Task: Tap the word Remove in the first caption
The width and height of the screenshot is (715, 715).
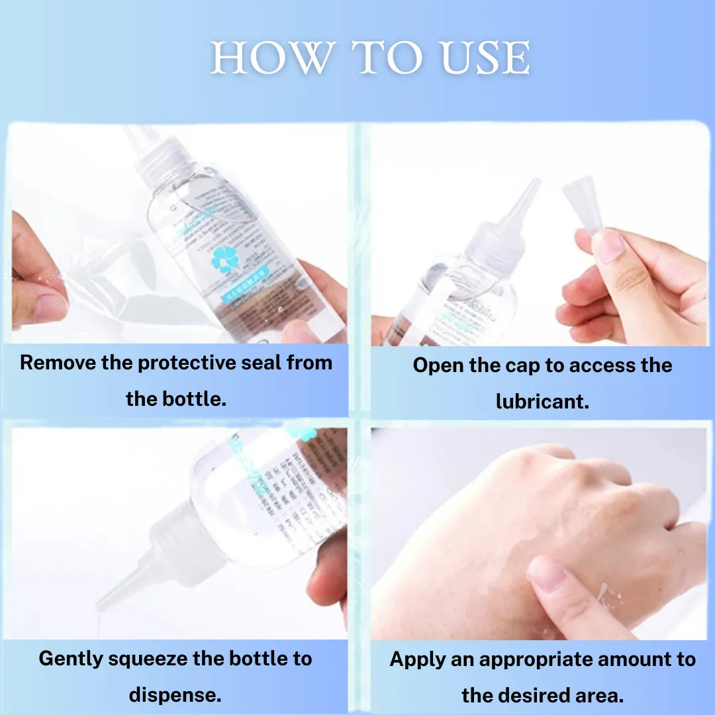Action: click(x=56, y=363)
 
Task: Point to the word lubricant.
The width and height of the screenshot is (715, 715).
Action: click(x=542, y=401)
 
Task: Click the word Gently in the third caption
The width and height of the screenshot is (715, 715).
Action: click(x=70, y=659)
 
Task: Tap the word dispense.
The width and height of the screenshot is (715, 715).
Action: click(x=175, y=695)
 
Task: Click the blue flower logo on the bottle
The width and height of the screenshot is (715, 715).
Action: click(x=224, y=260)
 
